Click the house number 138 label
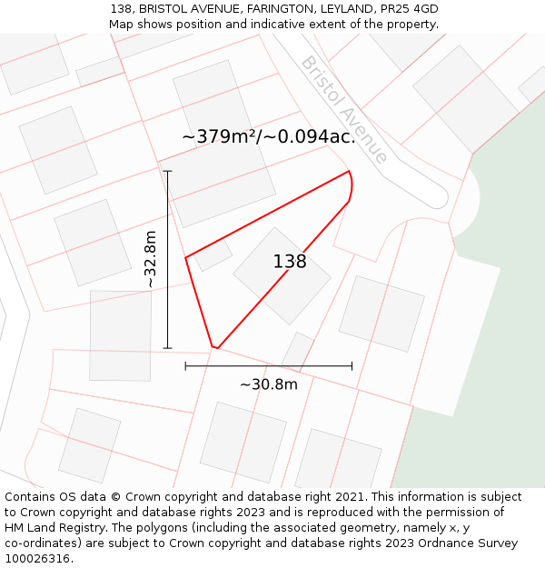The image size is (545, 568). (x=290, y=262)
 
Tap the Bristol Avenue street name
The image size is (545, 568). (x=344, y=109)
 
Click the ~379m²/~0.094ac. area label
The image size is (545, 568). (x=268, y=137)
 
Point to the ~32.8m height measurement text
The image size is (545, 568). (x=151, y=259)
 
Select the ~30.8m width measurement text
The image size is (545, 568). (x=268, y=384)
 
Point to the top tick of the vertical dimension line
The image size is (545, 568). (x=167, y=171)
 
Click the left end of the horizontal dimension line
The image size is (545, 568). (x=185, y=366)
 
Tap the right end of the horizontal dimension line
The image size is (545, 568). (x=352, y=366)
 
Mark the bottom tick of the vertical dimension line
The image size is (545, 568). (x=167, y=348)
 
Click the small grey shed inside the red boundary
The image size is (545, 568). (x=213, y=254)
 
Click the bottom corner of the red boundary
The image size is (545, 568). (x=214, y=347)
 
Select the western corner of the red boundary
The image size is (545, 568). (x=186, y=258)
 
